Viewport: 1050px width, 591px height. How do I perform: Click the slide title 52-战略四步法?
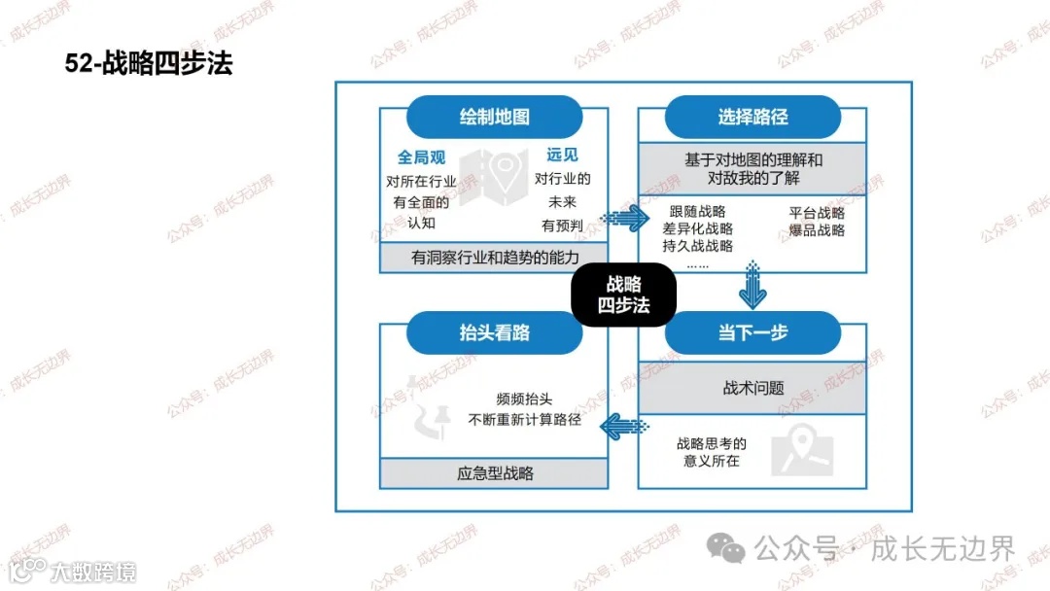(x=149, y=64)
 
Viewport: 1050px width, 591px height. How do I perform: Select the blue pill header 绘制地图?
(x=494, y=117)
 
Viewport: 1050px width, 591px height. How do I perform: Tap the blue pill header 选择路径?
(x=752, y=117)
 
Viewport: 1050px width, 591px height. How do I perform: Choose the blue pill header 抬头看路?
(x=494, y=332)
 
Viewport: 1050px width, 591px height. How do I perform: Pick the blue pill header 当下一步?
(x=752, y=332)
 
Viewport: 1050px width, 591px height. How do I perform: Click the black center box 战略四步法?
(x=623, y=295)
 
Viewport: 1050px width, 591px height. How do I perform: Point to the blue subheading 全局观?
(x=421, y=156)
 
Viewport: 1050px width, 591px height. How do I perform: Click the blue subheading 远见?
(x=562, y=155)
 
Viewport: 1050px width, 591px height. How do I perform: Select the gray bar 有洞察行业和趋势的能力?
(x=494, y=258)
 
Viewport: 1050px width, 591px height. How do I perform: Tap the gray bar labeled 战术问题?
(x=752, y=388)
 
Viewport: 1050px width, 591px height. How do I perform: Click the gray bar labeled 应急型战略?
(x=494, y=473)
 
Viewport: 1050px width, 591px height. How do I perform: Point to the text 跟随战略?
(x=697, y=212)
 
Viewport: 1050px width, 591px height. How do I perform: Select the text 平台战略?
(x=817, y=213)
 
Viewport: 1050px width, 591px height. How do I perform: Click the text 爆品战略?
(x=817, y=230)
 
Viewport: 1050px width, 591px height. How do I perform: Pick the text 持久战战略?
(x=697, y=246)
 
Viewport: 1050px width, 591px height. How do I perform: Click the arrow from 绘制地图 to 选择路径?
(x=623, y=219)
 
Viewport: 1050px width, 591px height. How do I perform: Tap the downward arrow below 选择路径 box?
(x=752, y=289)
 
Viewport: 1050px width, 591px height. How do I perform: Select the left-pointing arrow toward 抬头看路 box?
(x=623, y=425)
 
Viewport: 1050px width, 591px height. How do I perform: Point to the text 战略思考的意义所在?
(x=712, y=452)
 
